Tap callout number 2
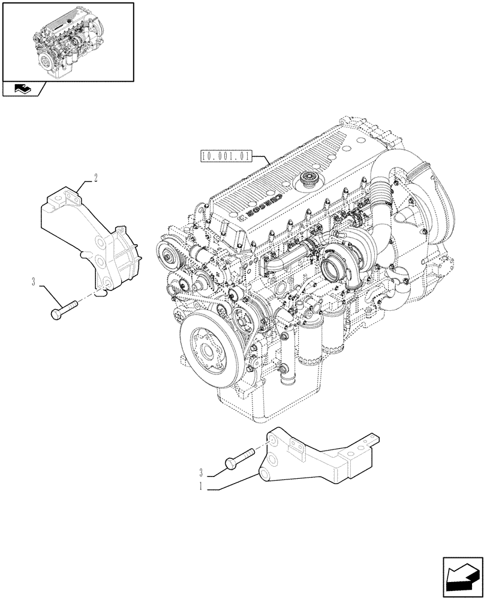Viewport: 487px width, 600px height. (x=95, y=177)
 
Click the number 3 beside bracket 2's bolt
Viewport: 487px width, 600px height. (x=35, y=280)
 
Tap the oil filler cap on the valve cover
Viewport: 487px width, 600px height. (x=311, y=178)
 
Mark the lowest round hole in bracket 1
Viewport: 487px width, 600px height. (x=264, y=475)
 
